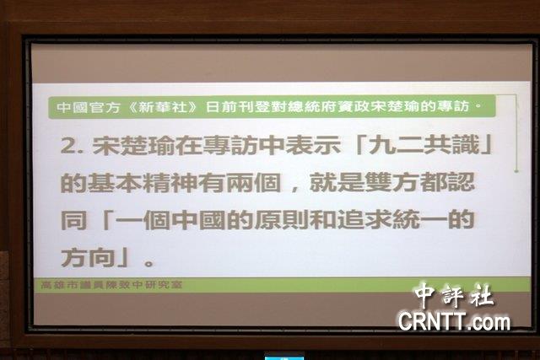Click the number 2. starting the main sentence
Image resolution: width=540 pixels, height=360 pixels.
[72, 146]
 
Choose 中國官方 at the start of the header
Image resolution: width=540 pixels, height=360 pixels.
[88, 107]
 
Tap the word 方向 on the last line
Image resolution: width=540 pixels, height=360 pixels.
[88, 257]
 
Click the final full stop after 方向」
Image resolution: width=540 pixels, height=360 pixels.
[149, 263]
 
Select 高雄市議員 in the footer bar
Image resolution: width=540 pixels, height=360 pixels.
[74, 285]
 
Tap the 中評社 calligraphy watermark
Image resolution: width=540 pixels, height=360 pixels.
[454, 294]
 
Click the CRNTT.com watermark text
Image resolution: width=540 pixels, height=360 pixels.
[454, 322]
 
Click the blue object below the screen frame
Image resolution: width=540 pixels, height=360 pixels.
[284, 356]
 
